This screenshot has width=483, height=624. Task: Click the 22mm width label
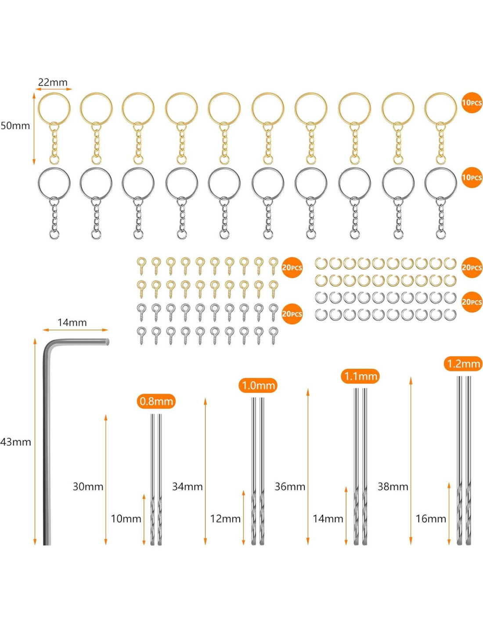53,82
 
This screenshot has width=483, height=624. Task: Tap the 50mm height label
15,126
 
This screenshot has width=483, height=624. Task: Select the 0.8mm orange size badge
156,401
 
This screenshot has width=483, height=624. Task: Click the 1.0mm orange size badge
258,386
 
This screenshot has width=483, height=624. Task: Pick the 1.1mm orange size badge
360,376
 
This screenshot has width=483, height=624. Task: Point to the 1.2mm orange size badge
463,364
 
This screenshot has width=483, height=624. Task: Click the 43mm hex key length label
16,442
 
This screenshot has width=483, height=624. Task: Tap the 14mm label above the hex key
72,323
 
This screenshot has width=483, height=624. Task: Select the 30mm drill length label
88,487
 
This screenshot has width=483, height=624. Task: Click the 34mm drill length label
187,487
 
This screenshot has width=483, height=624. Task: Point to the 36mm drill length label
290,487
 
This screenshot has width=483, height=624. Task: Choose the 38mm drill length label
393,487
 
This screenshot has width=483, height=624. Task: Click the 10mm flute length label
126,519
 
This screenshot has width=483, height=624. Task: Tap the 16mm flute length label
431,519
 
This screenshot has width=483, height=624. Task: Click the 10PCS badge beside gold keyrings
472,103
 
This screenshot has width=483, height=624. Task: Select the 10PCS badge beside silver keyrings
472,178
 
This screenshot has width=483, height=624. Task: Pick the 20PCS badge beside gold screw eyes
292,268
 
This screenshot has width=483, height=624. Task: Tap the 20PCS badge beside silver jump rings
472,302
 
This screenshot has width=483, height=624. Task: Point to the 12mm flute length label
225,519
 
